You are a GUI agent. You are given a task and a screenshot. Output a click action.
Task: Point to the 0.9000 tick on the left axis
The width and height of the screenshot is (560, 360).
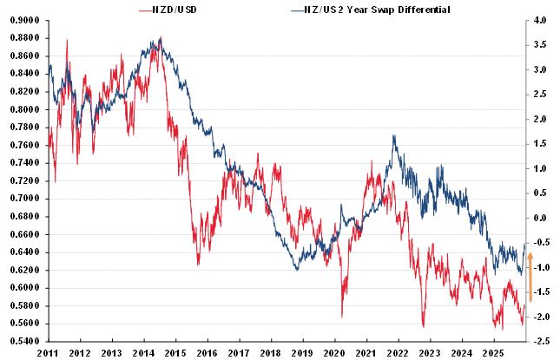(x=23, y=20)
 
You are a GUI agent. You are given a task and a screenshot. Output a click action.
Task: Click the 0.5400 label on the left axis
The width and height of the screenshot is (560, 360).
(x=23, y=341)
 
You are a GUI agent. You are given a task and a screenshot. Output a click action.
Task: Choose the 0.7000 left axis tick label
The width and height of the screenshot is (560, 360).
(x=23, y=199)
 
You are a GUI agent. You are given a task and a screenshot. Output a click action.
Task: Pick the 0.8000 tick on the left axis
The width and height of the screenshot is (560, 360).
(x=23, y=109)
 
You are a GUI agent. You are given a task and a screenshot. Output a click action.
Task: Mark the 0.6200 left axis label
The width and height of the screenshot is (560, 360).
(x=23, y=270)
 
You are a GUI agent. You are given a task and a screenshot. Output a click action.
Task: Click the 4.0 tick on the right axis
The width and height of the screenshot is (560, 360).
(x=541, y=20)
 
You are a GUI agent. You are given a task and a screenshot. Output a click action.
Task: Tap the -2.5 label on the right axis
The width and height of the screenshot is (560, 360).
(x=539, y=341)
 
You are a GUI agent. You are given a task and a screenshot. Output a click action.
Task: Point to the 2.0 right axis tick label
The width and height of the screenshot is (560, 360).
(x=541, y=119)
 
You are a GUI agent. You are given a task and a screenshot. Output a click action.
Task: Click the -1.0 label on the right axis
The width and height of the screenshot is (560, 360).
(x=539, y=268)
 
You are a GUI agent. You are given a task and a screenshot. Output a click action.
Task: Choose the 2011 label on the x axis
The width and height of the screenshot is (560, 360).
(x=48, y=353)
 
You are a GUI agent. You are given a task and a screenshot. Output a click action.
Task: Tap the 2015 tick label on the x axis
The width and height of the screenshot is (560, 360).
(x=175, y=353)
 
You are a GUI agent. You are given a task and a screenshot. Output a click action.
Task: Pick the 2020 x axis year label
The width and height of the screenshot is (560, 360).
(x=333, y=353)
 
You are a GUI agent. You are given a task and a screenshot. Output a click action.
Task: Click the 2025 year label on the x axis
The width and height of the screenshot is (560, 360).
(x=492, y=353)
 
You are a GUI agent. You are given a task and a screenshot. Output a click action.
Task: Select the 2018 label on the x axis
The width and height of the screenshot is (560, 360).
(x=270, y=353)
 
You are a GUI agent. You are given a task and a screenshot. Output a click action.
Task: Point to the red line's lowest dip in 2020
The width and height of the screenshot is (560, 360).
(x=342, y=316)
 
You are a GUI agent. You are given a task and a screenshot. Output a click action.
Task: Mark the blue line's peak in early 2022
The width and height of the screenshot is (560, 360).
(x=394, y=136)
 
